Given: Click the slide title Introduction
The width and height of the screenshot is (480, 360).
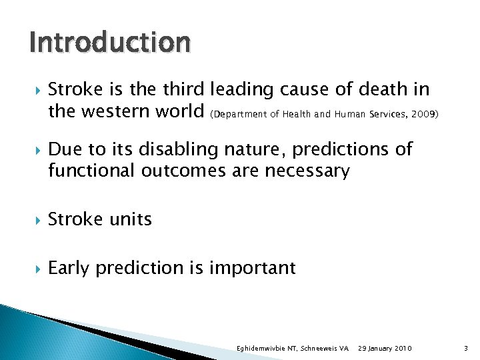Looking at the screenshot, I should coord(110,43).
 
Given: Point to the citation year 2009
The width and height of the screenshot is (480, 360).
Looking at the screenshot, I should coord(424,114).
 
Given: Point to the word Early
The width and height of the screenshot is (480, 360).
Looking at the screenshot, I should coord(69,268).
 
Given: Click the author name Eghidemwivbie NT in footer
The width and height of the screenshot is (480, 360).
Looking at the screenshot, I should coord(265,349).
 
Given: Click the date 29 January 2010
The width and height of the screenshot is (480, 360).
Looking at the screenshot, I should coord(385,349).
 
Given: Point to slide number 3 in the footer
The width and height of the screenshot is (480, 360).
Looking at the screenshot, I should coord(464,349).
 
